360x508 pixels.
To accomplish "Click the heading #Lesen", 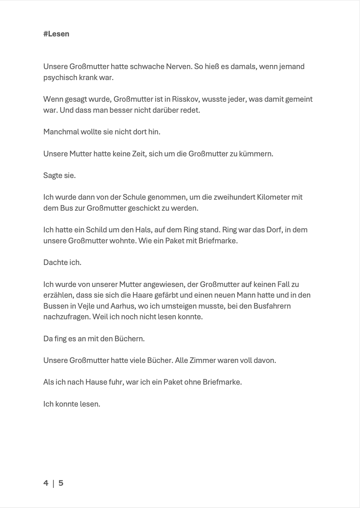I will pyautogui.click(x=56, y=34).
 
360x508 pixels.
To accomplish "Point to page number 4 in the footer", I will pyautogui.click(x=46, y=483).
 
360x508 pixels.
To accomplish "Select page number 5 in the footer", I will pyautogui.click(x=61, y=483).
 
